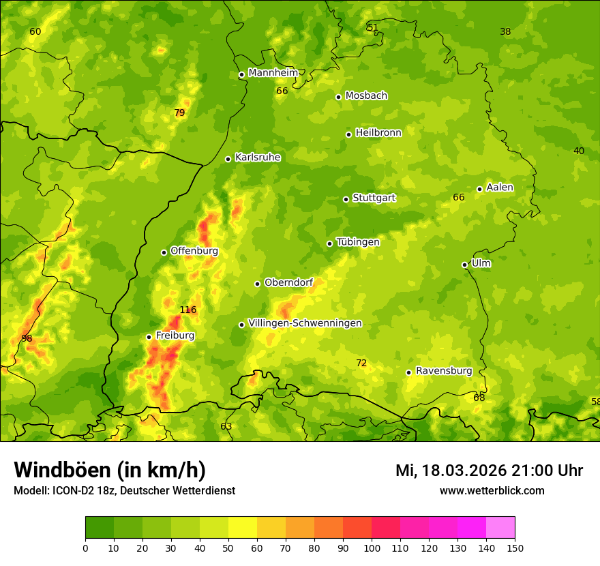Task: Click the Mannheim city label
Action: tap(273, 73)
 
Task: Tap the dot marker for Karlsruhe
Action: tap(228, 159)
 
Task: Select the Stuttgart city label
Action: tap(374, 198)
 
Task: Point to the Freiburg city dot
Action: tap(149, 337)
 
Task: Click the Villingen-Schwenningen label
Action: tap(305, 323)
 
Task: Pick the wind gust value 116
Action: tap(188, 310)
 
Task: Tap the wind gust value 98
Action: tap(27, 339)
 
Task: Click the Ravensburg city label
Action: tap(444, 371)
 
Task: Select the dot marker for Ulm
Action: tap(464, 265)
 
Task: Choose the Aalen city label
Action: tap(500, 188)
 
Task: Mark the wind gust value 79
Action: tap(179, 113)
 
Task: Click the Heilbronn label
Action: tap(378, 133)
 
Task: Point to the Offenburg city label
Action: tap(194, 251)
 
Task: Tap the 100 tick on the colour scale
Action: tap(372, 548)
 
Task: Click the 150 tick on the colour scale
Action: tap(515, 548)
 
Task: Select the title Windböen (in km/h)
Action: tap(109, 470)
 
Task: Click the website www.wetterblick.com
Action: tap(492, 490)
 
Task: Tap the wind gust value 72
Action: tap(361, 363)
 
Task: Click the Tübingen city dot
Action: tap(329, 243)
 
